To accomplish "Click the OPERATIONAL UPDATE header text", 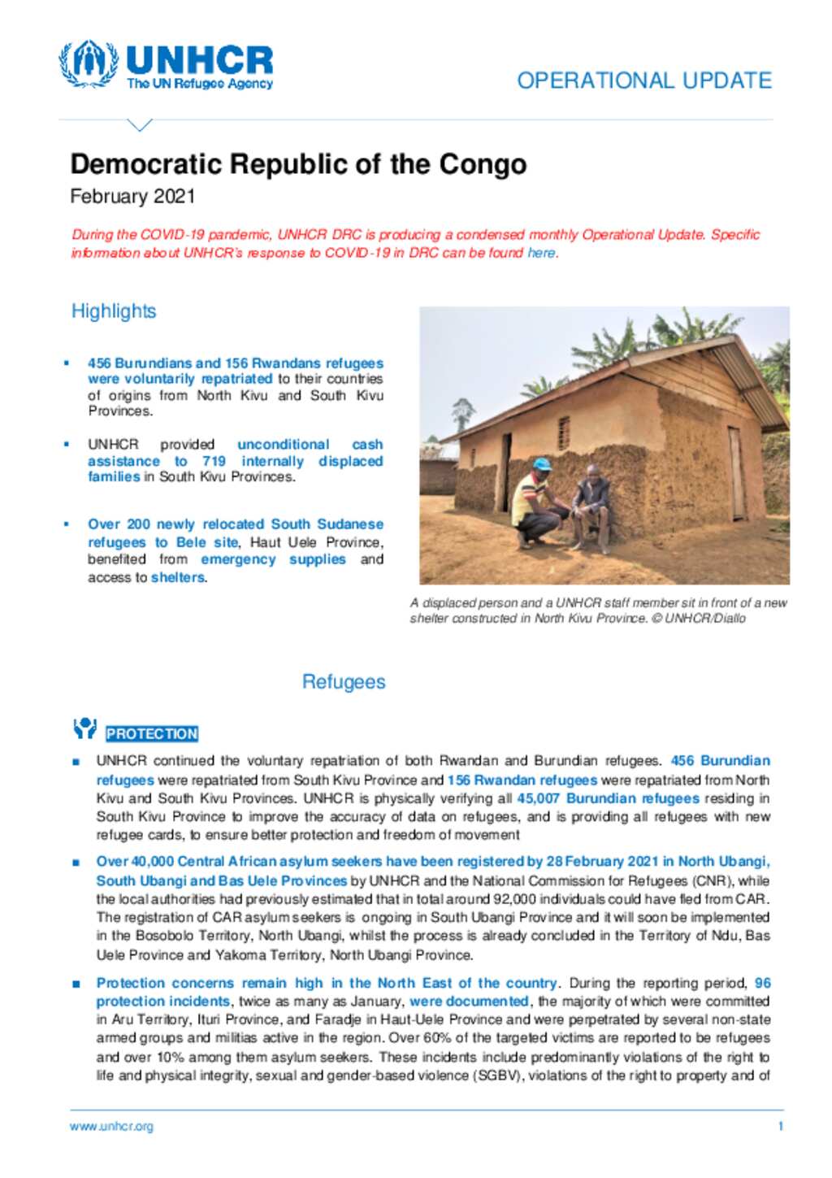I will point(643,80).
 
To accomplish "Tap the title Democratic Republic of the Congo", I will point(298,164).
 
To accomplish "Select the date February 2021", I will point(132,197).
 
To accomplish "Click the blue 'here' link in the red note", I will point(541,253).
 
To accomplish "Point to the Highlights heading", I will point(114,311).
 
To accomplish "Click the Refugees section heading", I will point(344,681).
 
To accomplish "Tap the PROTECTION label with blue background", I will point(152,733).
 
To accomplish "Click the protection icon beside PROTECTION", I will point(84,728).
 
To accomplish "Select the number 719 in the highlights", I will point(214,461).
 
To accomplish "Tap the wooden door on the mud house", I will point(736,472).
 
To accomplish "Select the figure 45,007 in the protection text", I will point(538,798).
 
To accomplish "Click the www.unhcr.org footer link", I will point(111,1126).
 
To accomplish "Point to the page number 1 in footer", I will point(780,1126).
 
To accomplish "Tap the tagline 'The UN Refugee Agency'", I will point(200,83).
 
